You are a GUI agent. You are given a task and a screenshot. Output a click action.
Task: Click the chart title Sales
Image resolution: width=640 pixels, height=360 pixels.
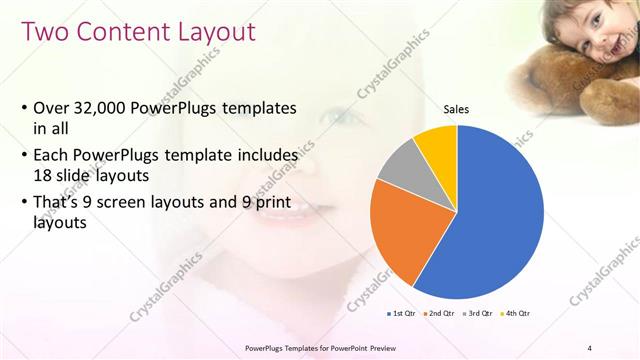[456, 109]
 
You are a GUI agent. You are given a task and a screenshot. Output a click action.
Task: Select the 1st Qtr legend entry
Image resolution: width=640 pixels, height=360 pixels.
[403, 313]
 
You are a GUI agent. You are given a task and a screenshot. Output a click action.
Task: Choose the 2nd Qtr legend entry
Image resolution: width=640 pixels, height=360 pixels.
[439, 313]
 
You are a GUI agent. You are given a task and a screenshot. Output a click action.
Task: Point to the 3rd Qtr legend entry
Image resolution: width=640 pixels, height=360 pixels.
[477, 313]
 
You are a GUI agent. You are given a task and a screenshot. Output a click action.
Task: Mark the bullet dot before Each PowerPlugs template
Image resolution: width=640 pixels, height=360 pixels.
[23, 156]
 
